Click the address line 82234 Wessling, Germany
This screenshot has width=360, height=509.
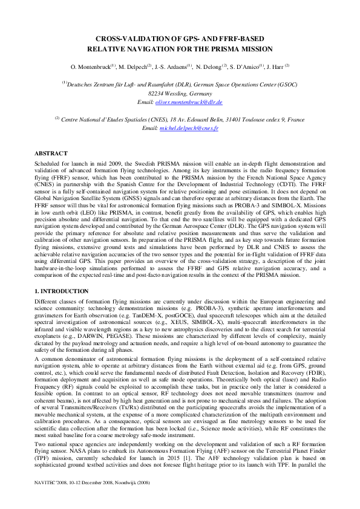point(180,94)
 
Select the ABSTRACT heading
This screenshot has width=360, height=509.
point(51,154)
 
